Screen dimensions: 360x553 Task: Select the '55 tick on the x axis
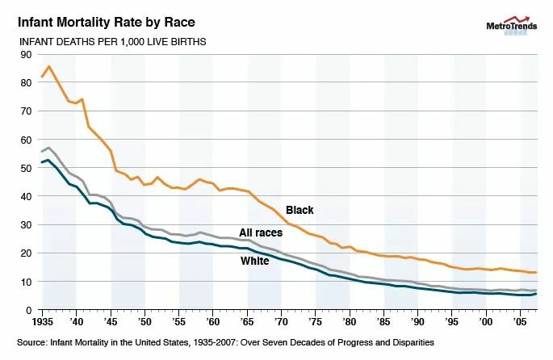point(178,322)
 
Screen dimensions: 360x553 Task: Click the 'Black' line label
point(300,211)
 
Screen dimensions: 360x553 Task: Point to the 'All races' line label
point(261,232)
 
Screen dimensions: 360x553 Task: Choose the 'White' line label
point(254,261)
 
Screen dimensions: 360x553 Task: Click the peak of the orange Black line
point(49,66)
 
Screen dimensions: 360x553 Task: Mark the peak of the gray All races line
point(49,148)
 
